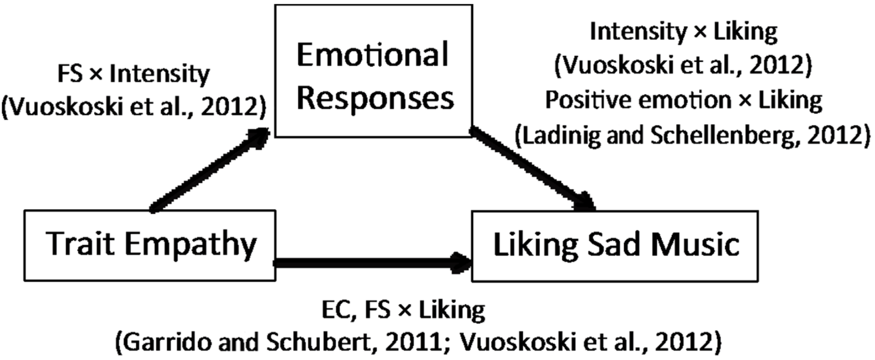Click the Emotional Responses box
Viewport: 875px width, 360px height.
(373, 71)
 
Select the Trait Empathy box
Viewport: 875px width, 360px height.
(150, 245)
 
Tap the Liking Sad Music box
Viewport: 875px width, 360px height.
(615, 246)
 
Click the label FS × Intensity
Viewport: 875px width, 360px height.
(133, 74)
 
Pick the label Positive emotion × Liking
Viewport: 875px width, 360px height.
(683, 100)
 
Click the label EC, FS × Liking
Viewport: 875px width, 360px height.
(403, 310)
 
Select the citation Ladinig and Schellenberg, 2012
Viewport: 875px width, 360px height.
(692, 135)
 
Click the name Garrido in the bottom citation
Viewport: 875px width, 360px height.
(156, 342)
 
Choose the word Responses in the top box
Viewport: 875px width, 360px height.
(375, 98)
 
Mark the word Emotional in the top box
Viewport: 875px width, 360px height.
(372, 55)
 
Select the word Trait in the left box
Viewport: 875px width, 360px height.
(80, 244)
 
